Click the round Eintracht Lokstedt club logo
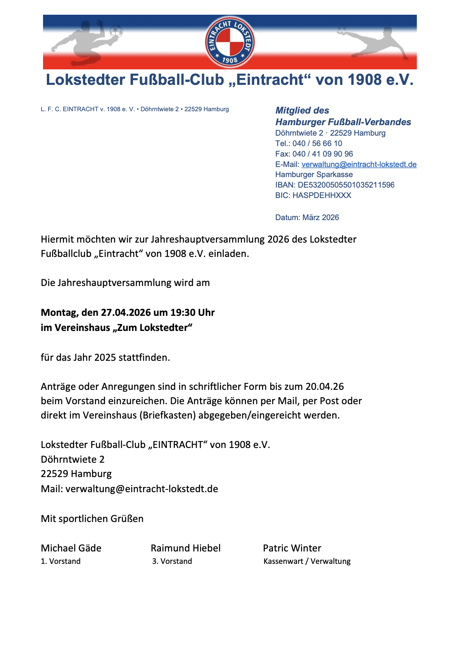coord(230,42)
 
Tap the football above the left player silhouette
coord(116,31)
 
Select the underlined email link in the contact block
coord(359,164)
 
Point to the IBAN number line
coord(335,185)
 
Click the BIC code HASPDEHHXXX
coord(321,195)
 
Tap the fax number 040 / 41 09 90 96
coord(323,154)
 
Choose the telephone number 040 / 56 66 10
coord(317,143)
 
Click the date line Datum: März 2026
coord(307,217)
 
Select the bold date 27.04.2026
coord(126,312)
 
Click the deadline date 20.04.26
coord(325,386)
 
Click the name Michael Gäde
coord(71,548)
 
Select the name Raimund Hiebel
coord(185,548)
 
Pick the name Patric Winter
coord(292,548)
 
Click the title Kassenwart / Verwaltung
coord(307,561)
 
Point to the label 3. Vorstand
coord(172,561)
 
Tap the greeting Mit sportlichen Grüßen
coord(92,519)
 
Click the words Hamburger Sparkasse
coord(314,174)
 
